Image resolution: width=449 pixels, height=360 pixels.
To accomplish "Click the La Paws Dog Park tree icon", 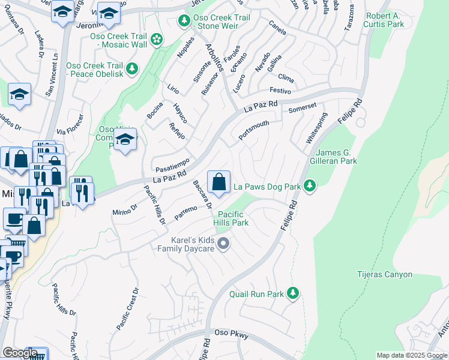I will click(310, 187).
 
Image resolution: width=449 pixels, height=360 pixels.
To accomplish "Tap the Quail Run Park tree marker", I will click(293, 294).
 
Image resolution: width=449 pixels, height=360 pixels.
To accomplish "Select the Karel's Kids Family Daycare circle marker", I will click(223, 244).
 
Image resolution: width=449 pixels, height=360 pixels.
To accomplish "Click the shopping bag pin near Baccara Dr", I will click(218, 182).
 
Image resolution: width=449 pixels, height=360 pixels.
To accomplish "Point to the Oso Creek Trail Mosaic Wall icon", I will click(157, 40).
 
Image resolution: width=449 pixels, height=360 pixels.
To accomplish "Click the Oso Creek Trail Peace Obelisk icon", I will click(132, 69).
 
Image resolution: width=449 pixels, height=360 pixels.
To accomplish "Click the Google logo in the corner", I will click(20, 353).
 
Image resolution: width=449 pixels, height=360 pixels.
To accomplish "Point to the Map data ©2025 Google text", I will click(412, 355).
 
